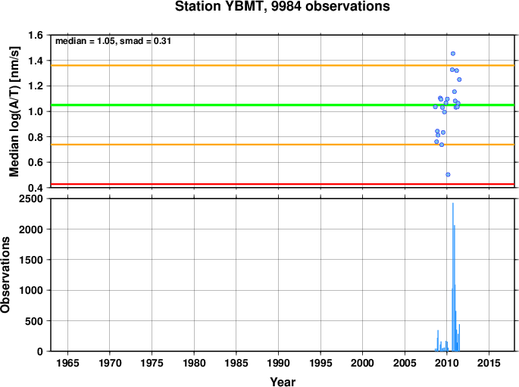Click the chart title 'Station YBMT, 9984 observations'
(x=283, y=6)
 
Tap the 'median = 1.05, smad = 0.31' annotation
(x=113, y=41)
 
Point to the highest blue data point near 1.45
(x=453, y=54)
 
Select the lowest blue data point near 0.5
(x=448, y=175)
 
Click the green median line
(x=283, y=105)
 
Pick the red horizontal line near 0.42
(x=283, y=184)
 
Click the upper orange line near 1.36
(x=283, y=65)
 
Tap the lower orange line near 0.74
(x=283, y=145)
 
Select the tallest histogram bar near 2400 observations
(x=453, y=277)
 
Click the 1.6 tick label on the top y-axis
(x=36, y=35)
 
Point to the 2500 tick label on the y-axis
(x=31, y=199)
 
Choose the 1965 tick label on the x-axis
(x=68, y=364)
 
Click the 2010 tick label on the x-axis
(x=446, y=364)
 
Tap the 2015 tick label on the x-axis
(x=489, y=364)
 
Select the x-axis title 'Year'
(x=283, y=382)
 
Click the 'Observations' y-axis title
(x=5, y=275)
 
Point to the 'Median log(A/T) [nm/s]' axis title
(x=14, y=112)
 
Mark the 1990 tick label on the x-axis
(x=278, y=364)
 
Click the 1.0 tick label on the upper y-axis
(x=36, y=111)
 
